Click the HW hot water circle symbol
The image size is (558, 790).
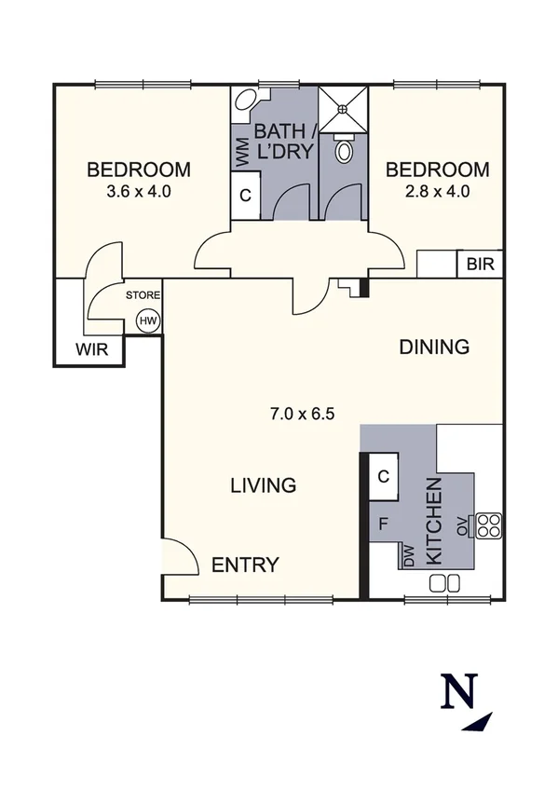pyautogui.click(x=147, y=321)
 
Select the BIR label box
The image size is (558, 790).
pyautogui.click(x=480, y=265)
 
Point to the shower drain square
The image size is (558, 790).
pyautogui.click(x=344, y=108)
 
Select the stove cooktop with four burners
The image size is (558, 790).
pyautogui.click(x=489, y=525)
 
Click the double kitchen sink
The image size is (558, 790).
pyautogui.click(x=445, y=583)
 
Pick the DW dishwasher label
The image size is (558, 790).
pyautogui.click(x=409, y=556)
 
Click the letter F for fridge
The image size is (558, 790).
pyautogui.click(x=383, y=524)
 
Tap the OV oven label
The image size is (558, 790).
pyautogui.click(x=461, y=526)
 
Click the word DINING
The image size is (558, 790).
pyautogui.click(x=433, y=347)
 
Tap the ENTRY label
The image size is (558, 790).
pyautogui.click(x=245, y=565)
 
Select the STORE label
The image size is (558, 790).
pyautogui.click(x=144, y=295)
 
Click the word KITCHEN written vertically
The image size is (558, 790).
pyautogui.click(x=433, y=522)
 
